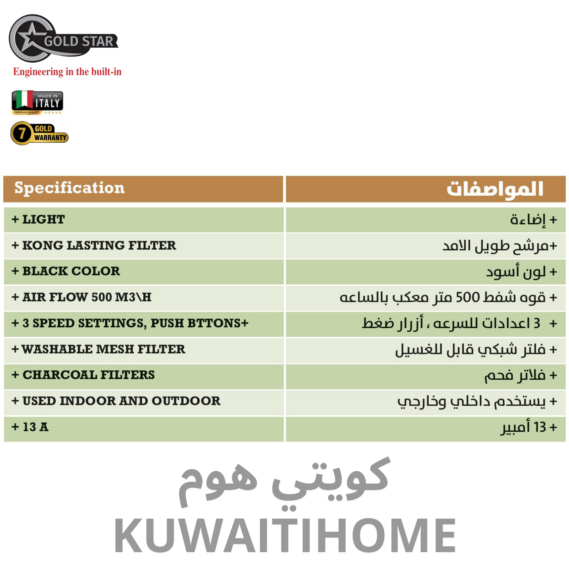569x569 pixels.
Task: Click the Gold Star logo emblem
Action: click(x=63, y=38)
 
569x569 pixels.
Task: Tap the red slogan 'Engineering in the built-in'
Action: click(x=67, y=72)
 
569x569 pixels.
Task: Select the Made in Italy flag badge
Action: click(x=37, y=102)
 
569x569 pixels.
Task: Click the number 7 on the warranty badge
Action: click(x=22, y=133)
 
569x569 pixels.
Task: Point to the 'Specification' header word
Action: click(x=70, y=188)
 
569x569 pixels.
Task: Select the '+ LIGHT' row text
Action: click(x=38, y=219)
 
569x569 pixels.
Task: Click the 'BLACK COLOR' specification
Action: click(x=71, y=271)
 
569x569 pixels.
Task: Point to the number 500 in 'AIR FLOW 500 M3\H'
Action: click(x=102, y=297)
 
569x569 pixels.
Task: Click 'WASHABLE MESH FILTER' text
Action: click(x=103, y=349)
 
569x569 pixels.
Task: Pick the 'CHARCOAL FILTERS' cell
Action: click(x=89, y=375)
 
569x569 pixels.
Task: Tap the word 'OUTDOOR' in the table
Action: click(x=186, y=401)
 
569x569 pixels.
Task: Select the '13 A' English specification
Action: click(x=35, y=427)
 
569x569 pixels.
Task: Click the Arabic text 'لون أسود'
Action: click(x=516, y=272)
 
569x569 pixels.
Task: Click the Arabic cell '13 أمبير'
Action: click(x=523, y=427)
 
